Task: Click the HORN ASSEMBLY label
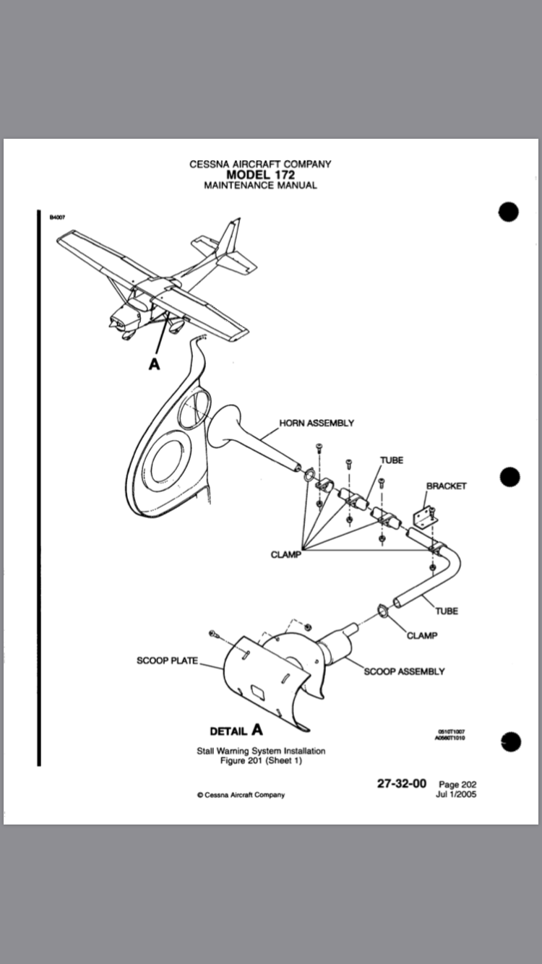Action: click(x=316, y=423)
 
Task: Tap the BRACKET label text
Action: click(x=446, y=486)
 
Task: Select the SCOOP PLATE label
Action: click(x=167, y=660)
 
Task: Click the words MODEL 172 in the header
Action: click(x=260, y=174)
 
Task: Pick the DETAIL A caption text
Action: click(x=236, y=730)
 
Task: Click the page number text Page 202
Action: click(x=457, y=784)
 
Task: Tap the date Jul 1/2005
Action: click(x=456, y=794)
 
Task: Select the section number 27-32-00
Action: click(x=402, y=783)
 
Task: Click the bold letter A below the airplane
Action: click(x=154, y=364)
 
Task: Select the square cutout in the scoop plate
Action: click(x=256, y=693)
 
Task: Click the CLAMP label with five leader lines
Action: click(x=285, y=555)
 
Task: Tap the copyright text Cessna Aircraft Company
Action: click(x=241, y=795)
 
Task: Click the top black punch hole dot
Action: click(x=509, y=212)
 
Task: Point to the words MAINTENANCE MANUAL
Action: click(x=260, y=185)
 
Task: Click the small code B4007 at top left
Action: click(x=57, y=216)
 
